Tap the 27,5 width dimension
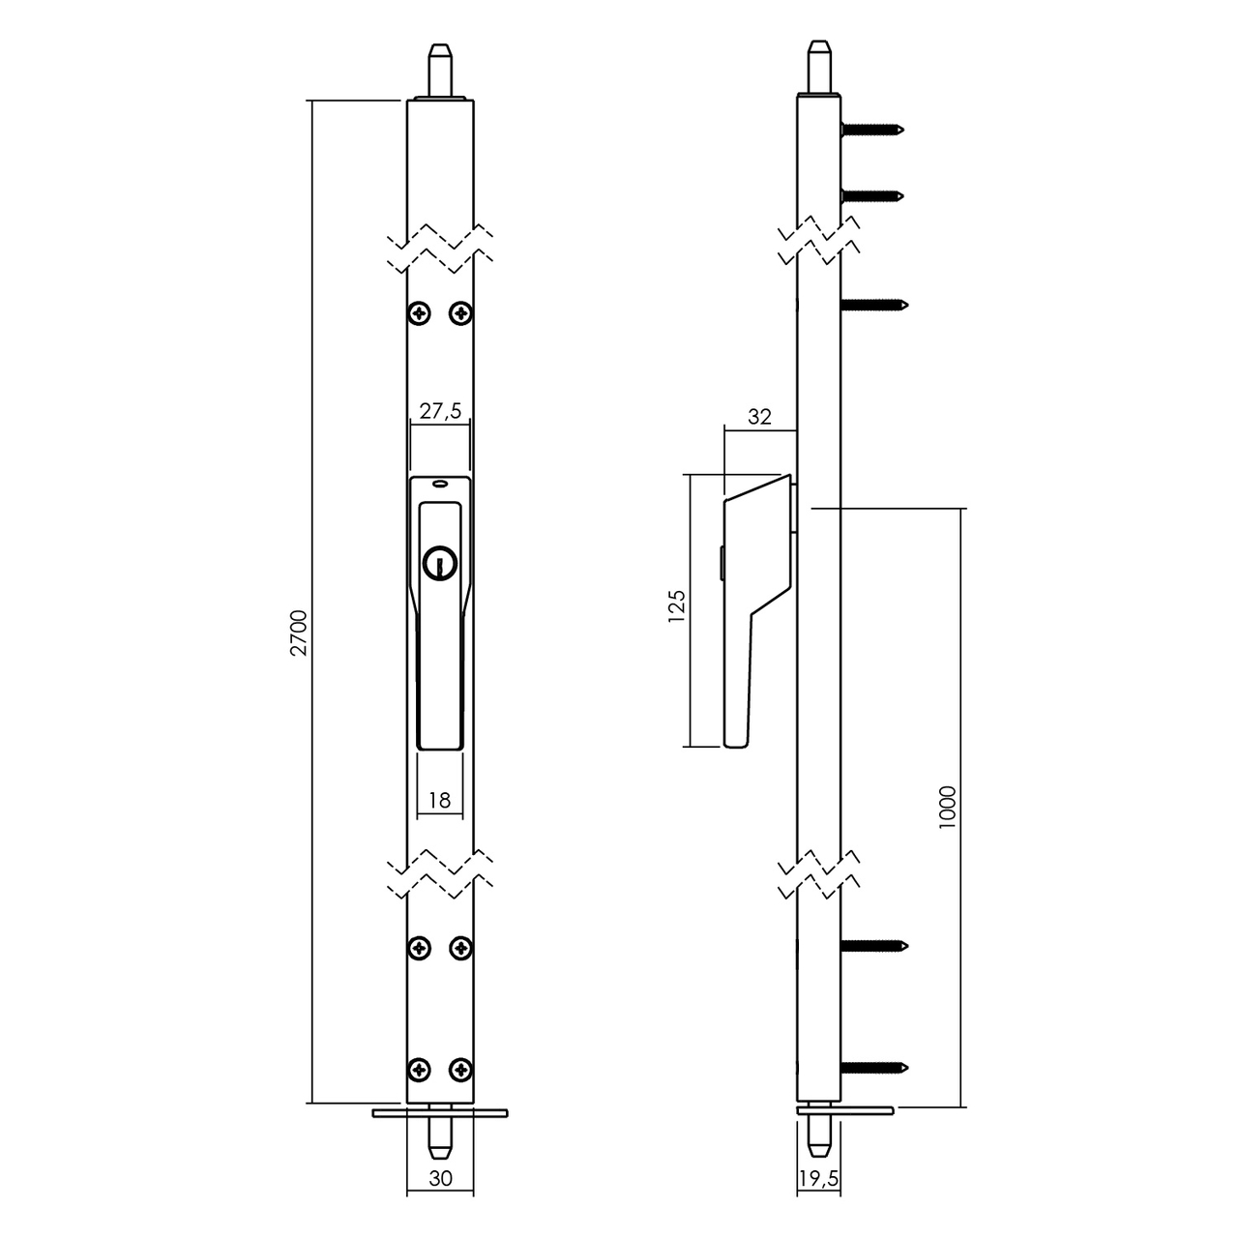[439, 411]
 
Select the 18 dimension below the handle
[439, 800]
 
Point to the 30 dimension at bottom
[440, 1179]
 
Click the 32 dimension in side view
[760, 417]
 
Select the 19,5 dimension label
[819, 1179]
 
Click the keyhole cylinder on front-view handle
[438, 563]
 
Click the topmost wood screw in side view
[873, 128]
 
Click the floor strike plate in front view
[440, 1113]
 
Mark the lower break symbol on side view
[819, 875]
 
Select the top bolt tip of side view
[819, 66]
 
